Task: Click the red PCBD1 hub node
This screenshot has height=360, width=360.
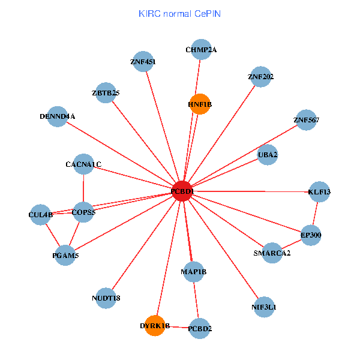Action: (x=182, y=191)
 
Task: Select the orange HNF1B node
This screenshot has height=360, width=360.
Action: (x=199, y=104)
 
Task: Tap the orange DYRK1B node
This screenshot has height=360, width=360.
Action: (x=155, y=326)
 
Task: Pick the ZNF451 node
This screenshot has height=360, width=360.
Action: (x=143, y=61)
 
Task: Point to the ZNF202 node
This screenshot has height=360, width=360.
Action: (x=260, y=77)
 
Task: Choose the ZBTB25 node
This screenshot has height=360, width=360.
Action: (x=106, y=93)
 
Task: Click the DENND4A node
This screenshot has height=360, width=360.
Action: (x=58, y=116)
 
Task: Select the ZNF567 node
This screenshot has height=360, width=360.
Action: (x=306, y=120)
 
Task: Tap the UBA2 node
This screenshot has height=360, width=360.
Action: (x=268, y=155)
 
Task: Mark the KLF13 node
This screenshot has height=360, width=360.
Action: (x=319, y=192)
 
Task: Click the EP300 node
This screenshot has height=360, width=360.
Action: (x=311, y=235)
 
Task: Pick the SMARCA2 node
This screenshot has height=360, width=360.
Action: (x=272, y=253)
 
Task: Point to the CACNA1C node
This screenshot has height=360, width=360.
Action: (x=83, y=164)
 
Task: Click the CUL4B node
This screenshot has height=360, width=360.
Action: (x=40, y=214)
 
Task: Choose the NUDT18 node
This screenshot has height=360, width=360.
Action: (x=106, y=298)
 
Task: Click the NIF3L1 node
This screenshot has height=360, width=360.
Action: (x=264, y=307)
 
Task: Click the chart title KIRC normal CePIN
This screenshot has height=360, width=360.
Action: (x=179, y=13)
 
